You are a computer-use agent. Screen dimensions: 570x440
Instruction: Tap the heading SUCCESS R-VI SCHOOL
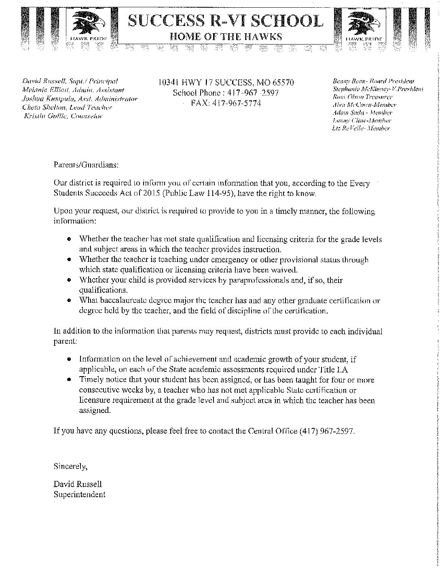click(x=226, y=21)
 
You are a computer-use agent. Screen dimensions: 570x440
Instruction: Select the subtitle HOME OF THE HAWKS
click(x=226, y=36)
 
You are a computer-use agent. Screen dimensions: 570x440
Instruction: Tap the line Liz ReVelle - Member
click(x=361, y=128)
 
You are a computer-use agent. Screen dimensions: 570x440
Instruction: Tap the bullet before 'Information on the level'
click(x=70, y=359)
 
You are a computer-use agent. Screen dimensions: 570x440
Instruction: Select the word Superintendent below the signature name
click(x=80, y=483)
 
